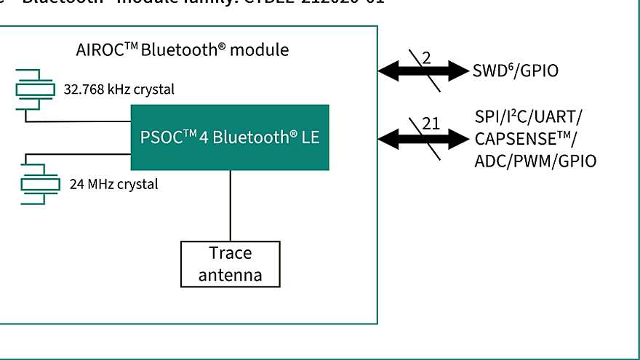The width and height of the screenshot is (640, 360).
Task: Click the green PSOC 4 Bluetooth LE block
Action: click(x=229, y=137)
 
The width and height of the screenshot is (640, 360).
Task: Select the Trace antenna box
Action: click(x=230, y=264)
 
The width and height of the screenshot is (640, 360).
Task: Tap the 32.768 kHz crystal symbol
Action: click(x=35, y=89)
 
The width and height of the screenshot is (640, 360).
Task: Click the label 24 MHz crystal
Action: click(x=113, y=184)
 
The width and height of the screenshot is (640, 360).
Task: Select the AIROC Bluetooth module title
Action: click(x=182, y=50)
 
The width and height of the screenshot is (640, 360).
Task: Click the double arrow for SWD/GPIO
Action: click(x=425, y=71)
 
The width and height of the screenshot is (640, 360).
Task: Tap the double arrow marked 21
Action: click(x=425, y=137)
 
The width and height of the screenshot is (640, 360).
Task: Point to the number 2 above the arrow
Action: click(x=426, y=57)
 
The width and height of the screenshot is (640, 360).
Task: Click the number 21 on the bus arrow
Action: click(x=431, y=123)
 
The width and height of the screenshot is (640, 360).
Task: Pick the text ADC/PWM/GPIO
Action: click(x=535, y=161)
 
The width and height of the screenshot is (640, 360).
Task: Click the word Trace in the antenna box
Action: click(x=230, y=254)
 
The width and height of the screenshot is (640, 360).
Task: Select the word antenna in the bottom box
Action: click(x=230, y=275)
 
